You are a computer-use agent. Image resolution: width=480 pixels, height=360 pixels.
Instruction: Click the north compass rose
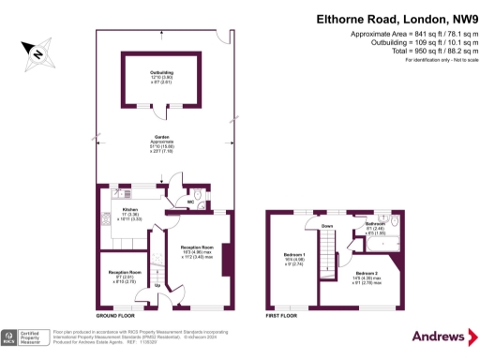[36, 55]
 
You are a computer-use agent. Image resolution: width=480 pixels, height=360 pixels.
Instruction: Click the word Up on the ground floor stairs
[157, 284]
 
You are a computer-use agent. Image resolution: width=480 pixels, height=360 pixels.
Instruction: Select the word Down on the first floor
[327, 226]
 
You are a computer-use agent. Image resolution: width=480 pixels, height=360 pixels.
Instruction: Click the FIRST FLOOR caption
[283, 317]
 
